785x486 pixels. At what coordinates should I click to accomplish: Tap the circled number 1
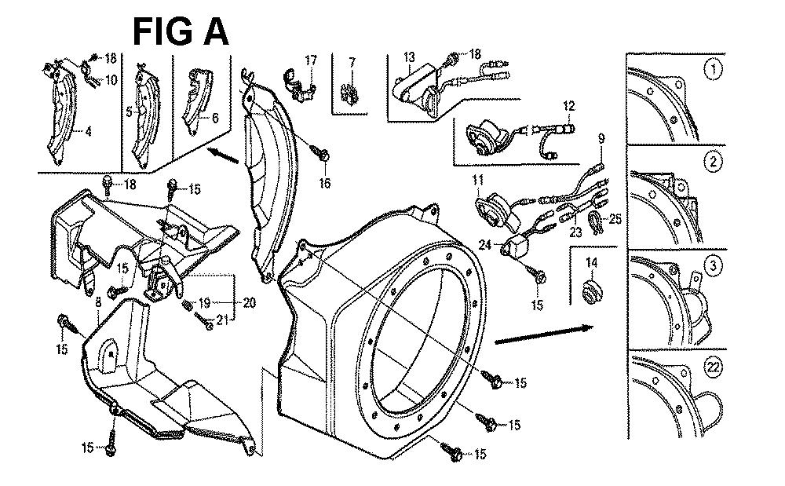coord(712,71)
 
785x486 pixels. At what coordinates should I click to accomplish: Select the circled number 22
coord(713,375)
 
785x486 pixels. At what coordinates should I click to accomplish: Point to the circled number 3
coord(713,266)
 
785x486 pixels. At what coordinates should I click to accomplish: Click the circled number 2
coord(713,163)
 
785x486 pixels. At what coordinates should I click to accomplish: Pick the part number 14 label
coord(590,261)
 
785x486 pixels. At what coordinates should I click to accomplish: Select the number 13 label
coord(409,57)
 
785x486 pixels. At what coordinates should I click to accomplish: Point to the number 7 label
coord(352,62)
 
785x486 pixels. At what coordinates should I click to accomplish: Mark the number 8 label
coord(97,301)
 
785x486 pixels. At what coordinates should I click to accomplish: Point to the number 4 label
coord(88,132)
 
